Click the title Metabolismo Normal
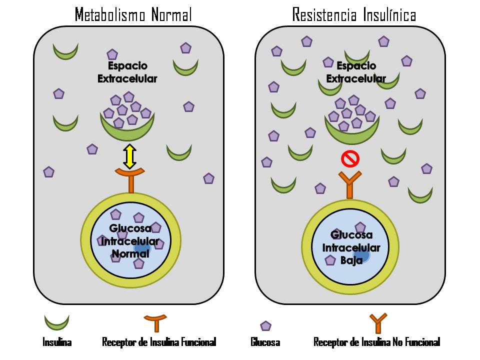pyautogui.click(x=133, y=14)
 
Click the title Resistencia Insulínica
pyautogui.click(x=354, y=14)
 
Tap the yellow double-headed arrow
pyautogui.click(x=129, y=156)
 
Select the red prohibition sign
pyautogui.click(x=350, y=159)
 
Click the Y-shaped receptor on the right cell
pyautogui.click(x=349, y=184)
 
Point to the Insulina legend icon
pyautogui.click(x=56, y=321)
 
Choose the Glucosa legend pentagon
pyautogui.click(x=265, y=326)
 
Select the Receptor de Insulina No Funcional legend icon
pyautogui.click(x=377, y=322)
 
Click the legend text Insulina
pyautogui.click(x=56, y=342)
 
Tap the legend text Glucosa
pyautogui.click(x=265, y=342)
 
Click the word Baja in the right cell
pyautogui.click(x=351, y=260)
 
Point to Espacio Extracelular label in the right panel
pyautogui.click(x=356, y=72)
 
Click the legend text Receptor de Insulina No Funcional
pyautogui.click(x=376, y=342)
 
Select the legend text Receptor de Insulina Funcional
pyautogui.click(x=159, y=342)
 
